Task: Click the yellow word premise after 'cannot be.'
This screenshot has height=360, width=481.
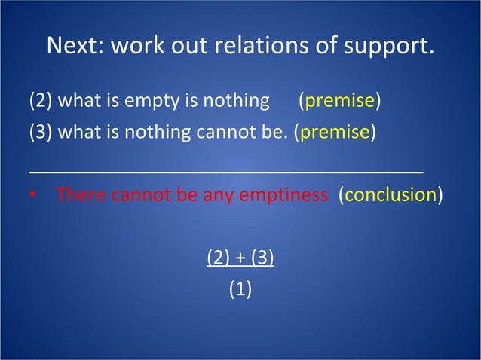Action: (335, 133)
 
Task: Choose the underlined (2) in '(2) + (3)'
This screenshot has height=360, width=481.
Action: (219, 258)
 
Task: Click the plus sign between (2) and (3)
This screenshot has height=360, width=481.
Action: (240, 258)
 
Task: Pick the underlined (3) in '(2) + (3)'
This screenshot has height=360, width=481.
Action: (262, 258)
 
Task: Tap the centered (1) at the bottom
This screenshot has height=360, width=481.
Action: (240, 290)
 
